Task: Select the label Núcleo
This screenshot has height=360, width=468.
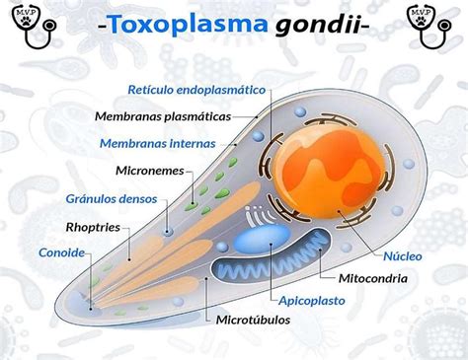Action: (x=402, y=254)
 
